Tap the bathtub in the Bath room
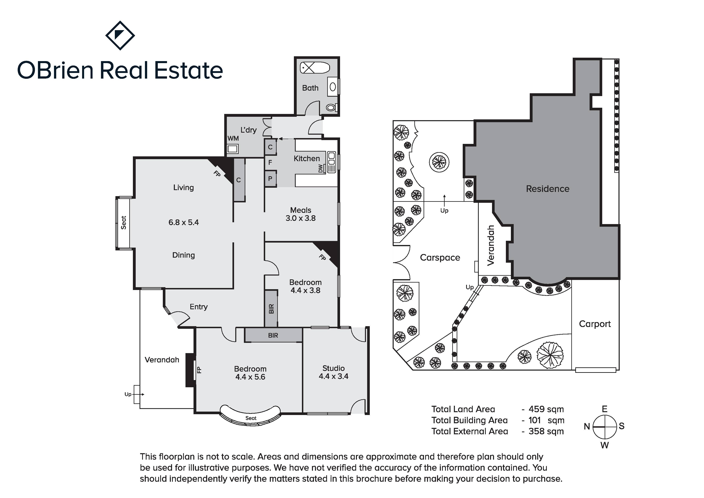pos(315,68)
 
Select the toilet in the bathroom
pos(331,108)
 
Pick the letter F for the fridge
pos(270,162)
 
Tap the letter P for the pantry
pos(270,179)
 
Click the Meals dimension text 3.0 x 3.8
pos(301,218)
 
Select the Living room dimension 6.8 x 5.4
pos(184,222)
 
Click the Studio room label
pos(334,368)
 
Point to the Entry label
pos(199,307)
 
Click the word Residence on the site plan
pos(548,189)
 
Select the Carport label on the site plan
pos(595,324)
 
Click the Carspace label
pos(440,258)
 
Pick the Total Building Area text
pos(470,420)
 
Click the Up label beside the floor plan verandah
pos(128,394)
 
